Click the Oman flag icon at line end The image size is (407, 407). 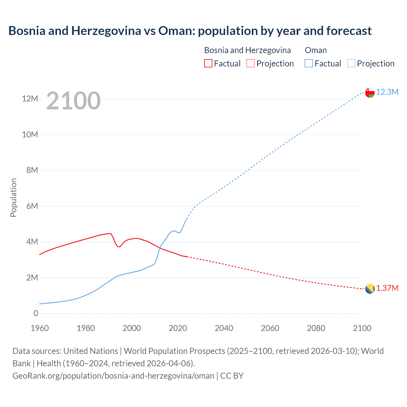pyautogui.click(x=369, y=93)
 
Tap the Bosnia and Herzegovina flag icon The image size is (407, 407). pyautogui.click(x=369, y=289)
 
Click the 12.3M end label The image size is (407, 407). pyautogui.click(x=387, y=92)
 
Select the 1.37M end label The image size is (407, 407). pyautogui.click(x=387, y=288)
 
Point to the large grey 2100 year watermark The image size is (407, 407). pyautogui.click(x=73, y=101)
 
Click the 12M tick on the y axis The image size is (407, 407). pyautogui.click(x=30, y=99)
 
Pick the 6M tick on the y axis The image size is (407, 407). pyautogui.click(x=32, y=206)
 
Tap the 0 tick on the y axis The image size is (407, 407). pyautogui.click(x=36, y=313)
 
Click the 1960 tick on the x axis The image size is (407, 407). pyautogui.click(x=40, y=328)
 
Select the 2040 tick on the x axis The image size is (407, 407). pyautogui.click(x=224, y=328)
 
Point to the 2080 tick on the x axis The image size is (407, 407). pyautogui.click(x=316, y=328)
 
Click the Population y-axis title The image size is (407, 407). pyautogui.click(x=13, y=197)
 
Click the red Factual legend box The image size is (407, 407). pyautogui.click(x=208, y=63)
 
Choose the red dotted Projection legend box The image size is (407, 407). pyautogui.click(x=251, y=63)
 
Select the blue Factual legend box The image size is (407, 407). pyautogui.click(x=308, y=63)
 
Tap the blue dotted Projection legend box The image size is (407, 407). pyautogui.click(x=351, y=63)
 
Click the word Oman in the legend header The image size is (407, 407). pyautogui.click(x=315, y=50)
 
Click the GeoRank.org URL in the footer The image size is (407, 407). pyautogui.click(x=113, y=376)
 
